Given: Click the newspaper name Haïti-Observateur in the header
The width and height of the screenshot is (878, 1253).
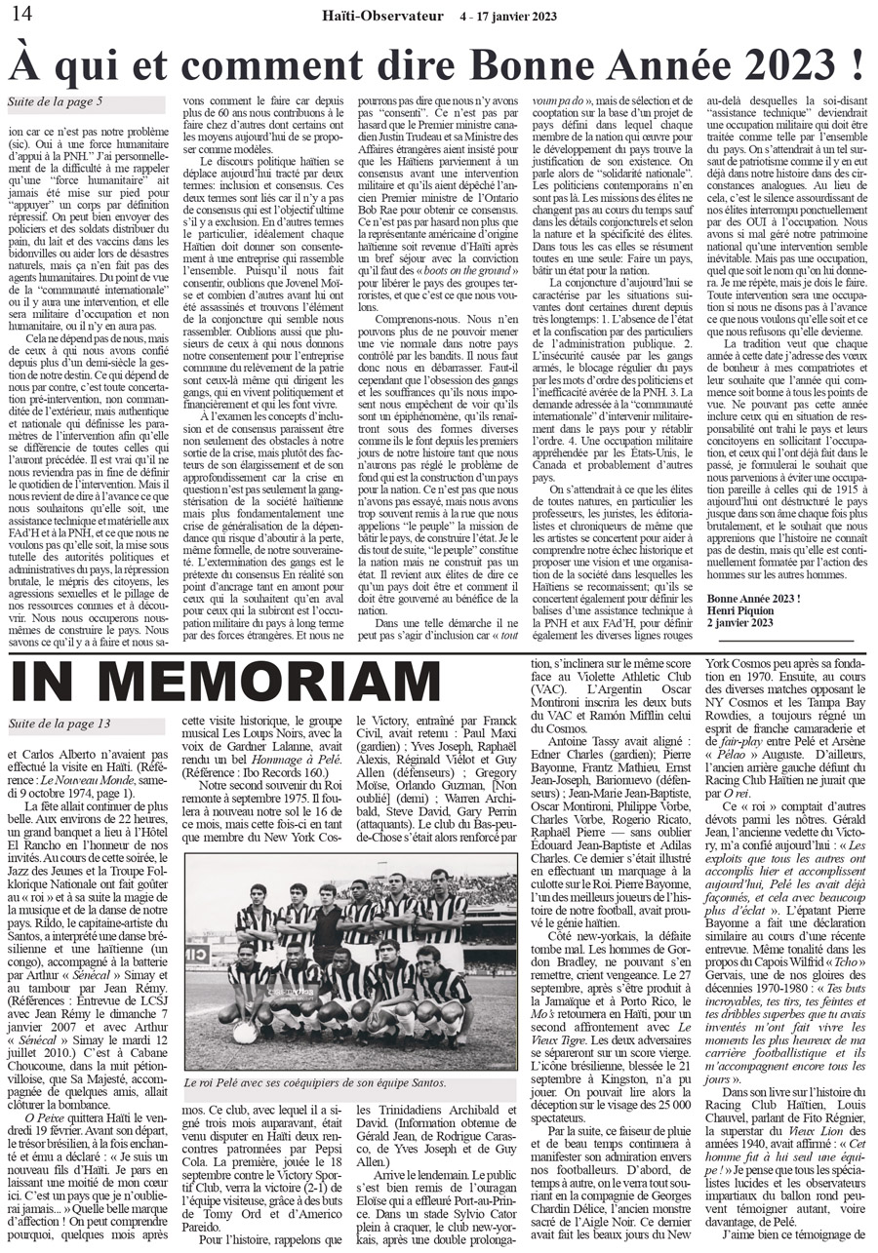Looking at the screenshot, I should (x=384, y=14).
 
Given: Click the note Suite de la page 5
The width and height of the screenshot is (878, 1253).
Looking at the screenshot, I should (x=55, y=100).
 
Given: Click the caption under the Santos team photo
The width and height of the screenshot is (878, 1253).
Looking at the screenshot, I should (x=351, y=1082).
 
